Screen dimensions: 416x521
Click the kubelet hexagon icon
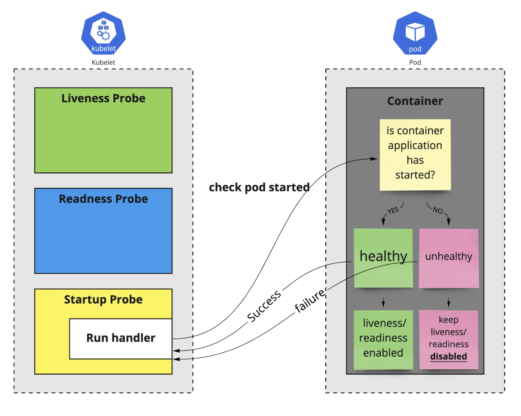tap(104, 33)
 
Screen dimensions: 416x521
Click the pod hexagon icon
tap(415, 33)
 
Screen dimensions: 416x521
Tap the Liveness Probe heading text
tap(104, 99)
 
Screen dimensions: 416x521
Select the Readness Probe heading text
tap(104, 199)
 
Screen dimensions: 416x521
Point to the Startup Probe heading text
tap(104, 300)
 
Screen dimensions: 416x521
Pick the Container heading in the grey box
tap(415, 101)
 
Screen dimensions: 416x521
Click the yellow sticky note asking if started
tap(415, 154)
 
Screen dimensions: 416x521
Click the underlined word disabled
tap(448, 357)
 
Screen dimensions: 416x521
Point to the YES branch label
tap(393, 211)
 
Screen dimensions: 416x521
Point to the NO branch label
tap(437, 210)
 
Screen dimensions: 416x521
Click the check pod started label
tap(259, 187)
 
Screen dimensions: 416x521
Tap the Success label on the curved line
tap(264, 306)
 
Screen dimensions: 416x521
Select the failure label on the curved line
tap(310, 301)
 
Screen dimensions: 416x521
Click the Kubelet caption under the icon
tap(104, 62)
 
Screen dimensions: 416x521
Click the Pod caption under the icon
tap(415, 62)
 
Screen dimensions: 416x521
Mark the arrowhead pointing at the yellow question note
tap(374, 159)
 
